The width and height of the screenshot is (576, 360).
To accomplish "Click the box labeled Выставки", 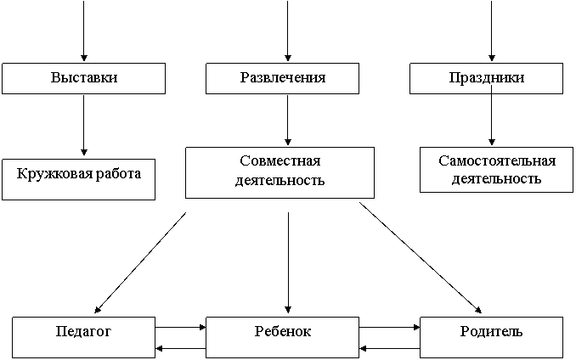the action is (84, 78).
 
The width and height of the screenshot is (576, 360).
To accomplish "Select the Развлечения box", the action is (282, 78).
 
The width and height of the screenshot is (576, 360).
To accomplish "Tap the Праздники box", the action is (486, 78).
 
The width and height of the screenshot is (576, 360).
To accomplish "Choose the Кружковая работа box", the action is (79, 179).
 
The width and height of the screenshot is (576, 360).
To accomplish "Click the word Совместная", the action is (280, 160).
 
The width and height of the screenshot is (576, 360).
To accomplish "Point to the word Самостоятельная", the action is (497, 160).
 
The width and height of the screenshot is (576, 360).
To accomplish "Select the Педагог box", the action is (84, 337).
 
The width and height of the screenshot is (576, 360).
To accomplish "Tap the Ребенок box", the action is (282, 337).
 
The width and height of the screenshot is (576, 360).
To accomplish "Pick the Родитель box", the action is (492, 337).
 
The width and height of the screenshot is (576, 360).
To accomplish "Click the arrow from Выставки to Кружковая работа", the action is (84, 125).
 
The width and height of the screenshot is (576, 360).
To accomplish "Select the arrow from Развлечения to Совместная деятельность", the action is (288, 120).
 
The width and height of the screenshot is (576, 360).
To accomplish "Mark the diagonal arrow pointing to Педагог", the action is (140, 262).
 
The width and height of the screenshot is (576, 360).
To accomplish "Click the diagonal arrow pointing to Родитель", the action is (421, 257).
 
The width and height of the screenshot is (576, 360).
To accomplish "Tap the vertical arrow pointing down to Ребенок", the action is (288, 262).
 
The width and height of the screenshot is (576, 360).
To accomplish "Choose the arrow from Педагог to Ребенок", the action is (181, 327).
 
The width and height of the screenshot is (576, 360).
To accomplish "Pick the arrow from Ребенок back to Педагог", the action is (181, 348).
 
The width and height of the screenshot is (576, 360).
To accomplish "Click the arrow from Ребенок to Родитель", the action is (389, 327).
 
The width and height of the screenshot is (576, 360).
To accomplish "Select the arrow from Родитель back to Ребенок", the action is (389, 348).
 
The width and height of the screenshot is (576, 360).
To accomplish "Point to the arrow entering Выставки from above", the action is (84, 31).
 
